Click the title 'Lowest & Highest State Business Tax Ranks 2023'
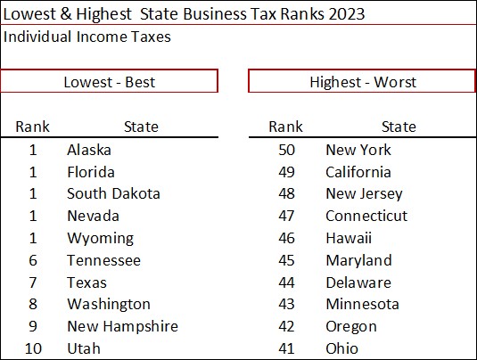[184, 14]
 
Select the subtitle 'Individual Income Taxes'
[86, 37]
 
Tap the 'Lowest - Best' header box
[109, 82]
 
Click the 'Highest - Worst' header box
[362, 82]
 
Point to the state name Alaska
[89, 150]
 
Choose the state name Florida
[90, 172]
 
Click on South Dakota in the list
[113, 193]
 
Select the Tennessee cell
[103, 260]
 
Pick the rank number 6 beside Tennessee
[33, 260]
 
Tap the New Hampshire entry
[122, 326]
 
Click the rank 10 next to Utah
[33, 348]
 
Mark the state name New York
[358, 150]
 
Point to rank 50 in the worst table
[285, 150]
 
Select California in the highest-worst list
[358, 172]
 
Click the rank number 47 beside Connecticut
[285, 216]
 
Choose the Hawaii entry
[349, 238]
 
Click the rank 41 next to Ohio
[285, 348]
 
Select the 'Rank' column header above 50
[285, 127]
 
